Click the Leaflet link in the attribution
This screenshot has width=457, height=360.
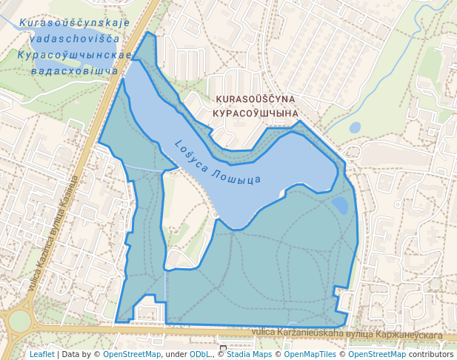[x=41, y=354]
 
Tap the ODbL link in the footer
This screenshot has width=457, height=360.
[x=199, y=354]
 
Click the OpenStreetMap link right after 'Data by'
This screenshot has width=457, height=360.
[x=132, y=354]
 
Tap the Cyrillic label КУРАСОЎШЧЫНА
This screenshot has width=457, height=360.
[x=255, y=113]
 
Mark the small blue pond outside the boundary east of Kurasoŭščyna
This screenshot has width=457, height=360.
[x=355, y=127]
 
